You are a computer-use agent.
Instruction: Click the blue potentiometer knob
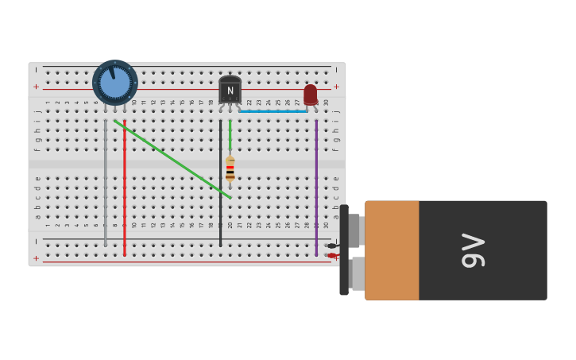click(115, 83)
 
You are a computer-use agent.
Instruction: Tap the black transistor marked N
click(230, 90)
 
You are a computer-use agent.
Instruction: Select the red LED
click(310, 94)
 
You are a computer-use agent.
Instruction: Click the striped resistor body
click(230, 168)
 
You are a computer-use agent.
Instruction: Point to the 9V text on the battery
click(474, 250)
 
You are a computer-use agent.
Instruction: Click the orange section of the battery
click(392, 250)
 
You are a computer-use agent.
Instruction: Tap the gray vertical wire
click(105, 183)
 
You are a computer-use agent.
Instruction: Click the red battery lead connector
click(332, 255)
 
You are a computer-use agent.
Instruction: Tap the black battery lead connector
click(332, 246)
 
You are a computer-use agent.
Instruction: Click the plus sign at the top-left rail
click(36, 87)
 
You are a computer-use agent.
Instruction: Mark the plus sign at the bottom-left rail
click(36, 258)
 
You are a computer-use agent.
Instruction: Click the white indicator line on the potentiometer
click(112, 74)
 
